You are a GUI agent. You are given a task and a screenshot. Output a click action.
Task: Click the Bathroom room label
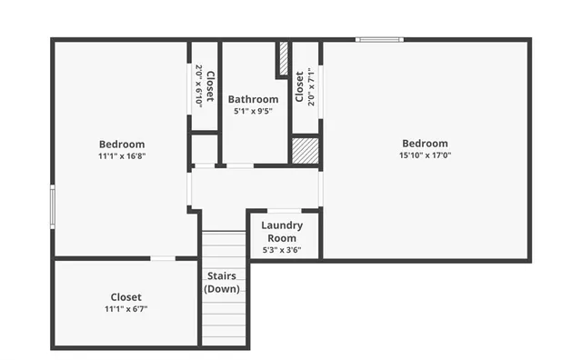[x=253, y=99]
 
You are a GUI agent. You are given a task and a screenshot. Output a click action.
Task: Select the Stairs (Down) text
[x=222, y=282]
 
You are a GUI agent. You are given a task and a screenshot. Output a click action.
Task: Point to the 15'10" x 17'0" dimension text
[x=425, y=155]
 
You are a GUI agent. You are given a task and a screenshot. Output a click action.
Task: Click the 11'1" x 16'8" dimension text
[x=122, y=155]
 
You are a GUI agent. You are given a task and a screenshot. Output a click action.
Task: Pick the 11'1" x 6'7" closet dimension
[x=125, y=309]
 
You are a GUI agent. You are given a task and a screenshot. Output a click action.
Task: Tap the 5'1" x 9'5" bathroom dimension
[x=253, y=111]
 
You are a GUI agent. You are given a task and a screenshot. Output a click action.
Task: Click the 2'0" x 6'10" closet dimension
[x=198, y=86]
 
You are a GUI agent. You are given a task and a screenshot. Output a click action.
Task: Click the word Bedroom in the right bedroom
[x=425, y=143]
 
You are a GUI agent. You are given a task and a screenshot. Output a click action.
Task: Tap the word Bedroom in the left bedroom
[x=122, y=144]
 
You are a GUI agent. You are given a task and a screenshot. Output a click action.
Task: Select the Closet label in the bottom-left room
[x=125, y=297]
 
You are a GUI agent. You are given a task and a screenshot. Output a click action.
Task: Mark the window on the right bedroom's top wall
[x=379, y=39]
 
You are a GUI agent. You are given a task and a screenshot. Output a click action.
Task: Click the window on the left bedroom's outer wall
[x=52, y=207]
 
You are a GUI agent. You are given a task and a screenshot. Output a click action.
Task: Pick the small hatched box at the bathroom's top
[x=283, y=60]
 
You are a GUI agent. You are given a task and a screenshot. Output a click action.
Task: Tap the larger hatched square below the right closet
[x=305, y=149]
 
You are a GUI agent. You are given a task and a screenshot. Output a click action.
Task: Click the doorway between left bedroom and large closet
[x=163, y=259]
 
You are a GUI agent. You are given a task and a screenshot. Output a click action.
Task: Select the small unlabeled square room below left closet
[x=204, y=148]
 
